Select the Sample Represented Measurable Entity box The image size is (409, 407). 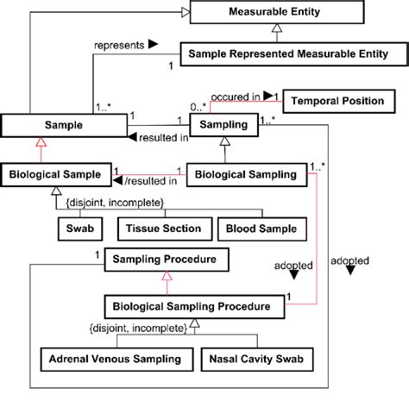pyautogui.click(x=286, y=53)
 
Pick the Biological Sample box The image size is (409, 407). pyautogui.click(x=56, y=174)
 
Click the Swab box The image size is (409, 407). pyautogui.click(x=78, y=229)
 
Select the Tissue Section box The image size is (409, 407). pyautogui.click(x=163, y=229)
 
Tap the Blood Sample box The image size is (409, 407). pyautogui.click(x=260, y=229)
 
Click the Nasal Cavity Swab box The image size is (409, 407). pyautogui.click(x=255, y=357)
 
